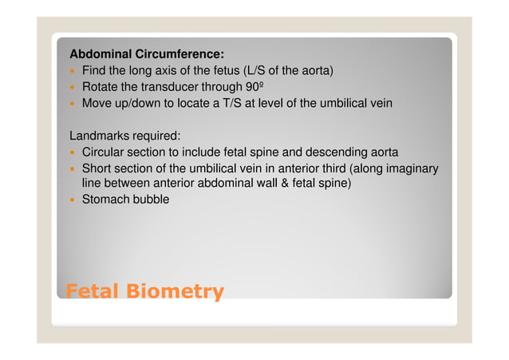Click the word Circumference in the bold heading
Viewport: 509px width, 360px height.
pos(180,54)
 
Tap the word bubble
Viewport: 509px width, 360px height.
pos(152,200)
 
